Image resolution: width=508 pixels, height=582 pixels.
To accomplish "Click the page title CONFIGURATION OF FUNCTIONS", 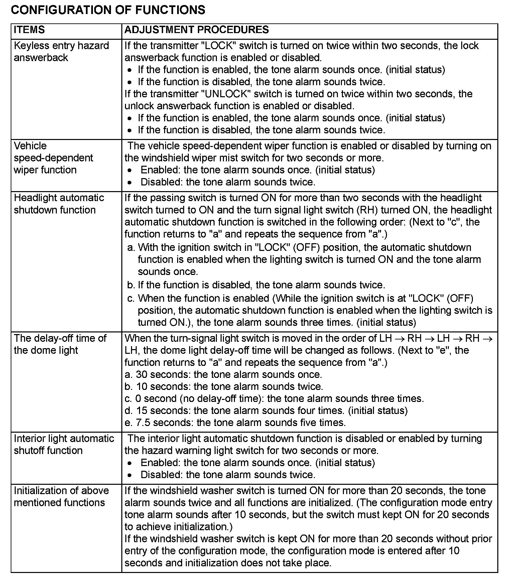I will (108, 10).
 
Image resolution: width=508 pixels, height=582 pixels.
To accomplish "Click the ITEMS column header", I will (29, 30).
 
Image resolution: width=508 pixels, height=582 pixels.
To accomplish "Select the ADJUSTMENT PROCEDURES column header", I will (197, 30).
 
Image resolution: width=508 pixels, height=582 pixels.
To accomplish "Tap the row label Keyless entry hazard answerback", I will (61, 51).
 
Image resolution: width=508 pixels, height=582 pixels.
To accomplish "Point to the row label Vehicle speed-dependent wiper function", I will (53, 158).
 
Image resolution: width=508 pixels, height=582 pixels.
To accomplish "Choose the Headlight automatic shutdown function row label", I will (59, 204).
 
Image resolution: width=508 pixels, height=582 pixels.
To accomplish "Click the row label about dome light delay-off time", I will (60, 344).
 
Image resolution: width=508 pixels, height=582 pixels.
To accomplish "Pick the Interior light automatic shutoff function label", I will (64, 444).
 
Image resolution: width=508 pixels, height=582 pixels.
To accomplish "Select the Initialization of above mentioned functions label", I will (61, 496).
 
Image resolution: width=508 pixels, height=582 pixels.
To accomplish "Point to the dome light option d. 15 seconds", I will (266, 411).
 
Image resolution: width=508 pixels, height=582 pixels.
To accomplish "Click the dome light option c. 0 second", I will (274, 399).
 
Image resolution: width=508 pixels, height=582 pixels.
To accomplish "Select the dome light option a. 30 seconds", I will (223, 375).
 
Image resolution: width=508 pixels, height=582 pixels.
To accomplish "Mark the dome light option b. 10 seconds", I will (224, 387).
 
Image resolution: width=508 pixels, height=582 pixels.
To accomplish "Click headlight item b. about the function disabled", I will (256, 285).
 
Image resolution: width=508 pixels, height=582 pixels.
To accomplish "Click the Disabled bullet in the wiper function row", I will (228, 182).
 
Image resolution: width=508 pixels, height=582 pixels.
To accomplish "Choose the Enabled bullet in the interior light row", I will (257, 463).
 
